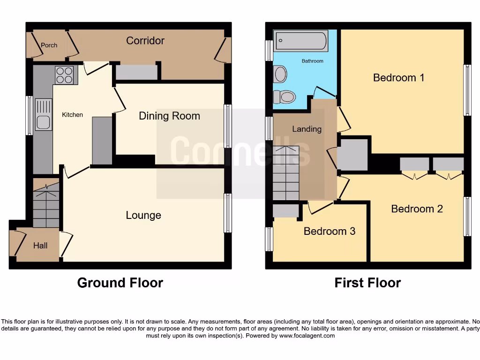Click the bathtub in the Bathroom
coord(300,41)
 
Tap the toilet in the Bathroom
coord(284,97)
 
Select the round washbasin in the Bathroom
coord(280,74)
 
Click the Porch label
coord(49,45)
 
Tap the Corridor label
coord(145,41)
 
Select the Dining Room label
coord(169,116)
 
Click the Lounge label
coord(143,215)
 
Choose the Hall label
coord(40,245)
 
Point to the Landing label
coord(307,129)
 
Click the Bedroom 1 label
coord(398,78)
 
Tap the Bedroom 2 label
coord(417,209)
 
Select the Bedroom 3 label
coord(329,231)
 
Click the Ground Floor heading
coord(120,283)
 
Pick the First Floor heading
coord(367,283)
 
